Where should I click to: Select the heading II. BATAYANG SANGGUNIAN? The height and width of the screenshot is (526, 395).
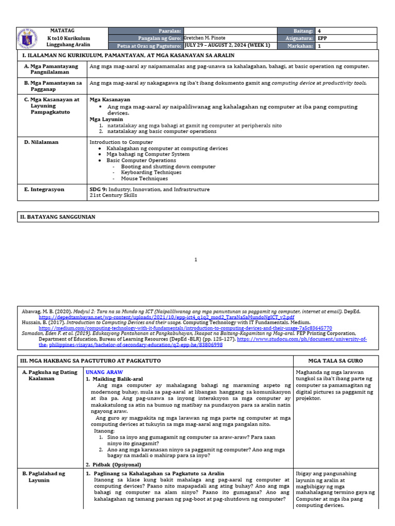[x=58, y=217]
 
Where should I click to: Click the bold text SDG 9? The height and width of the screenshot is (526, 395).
[x=98, y=190]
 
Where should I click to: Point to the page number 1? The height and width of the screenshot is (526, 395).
[x=196, y=260]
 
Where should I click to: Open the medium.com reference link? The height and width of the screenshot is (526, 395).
[x=185, y=328]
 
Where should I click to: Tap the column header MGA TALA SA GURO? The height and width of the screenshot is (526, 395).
[x=335, y=361]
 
